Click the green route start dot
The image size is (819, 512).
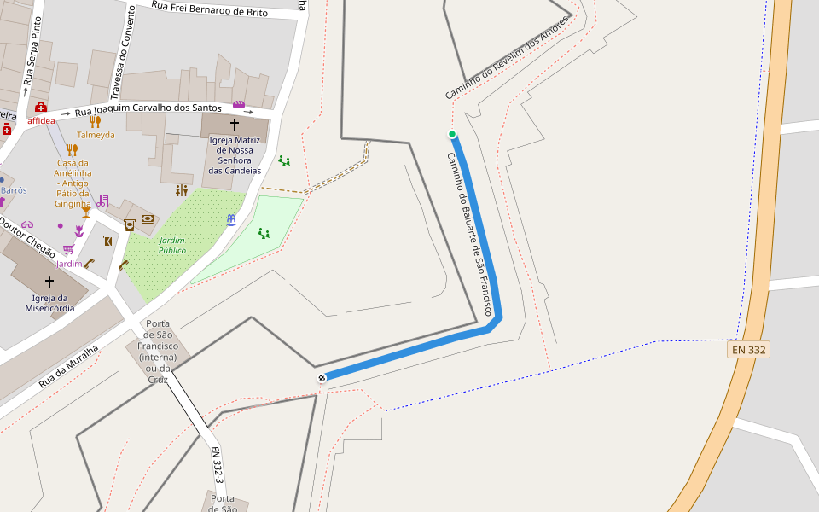pyautogui.click(x=452, y=134)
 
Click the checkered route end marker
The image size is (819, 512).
pyautogui.click(x=322, y=378)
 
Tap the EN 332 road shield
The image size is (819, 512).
pyautogui.click(x=748, y=350)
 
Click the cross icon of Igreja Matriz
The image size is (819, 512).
pyautogui.click(x=235, y=125)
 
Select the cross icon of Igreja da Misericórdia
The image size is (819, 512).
pyautogui.click(x=49, y=282)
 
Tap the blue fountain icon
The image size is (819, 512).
pyautogui.click(x=231, y=220)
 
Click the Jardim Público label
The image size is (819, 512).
pyautogui.click(x=171, y=246)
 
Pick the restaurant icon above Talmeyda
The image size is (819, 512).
pyautogui.click(x=95, y=121)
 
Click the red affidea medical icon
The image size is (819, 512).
pyautogui.click(x=41, y=108)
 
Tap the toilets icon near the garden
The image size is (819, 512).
pyautogui.click(x=181, y=190)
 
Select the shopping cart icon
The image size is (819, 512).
pyautogui.click(x=68, y=249)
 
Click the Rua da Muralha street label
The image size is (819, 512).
pyautogui.click(x=69, y=366)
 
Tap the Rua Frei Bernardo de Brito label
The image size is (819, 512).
pyautogui.click(x=209, y=9)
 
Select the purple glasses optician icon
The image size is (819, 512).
pyautogui.click(x=27, y=225)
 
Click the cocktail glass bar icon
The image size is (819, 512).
pyautogui.click(x=85, y=212)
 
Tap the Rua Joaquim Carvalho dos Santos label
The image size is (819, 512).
pyautogui.click(x=148, y=110)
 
